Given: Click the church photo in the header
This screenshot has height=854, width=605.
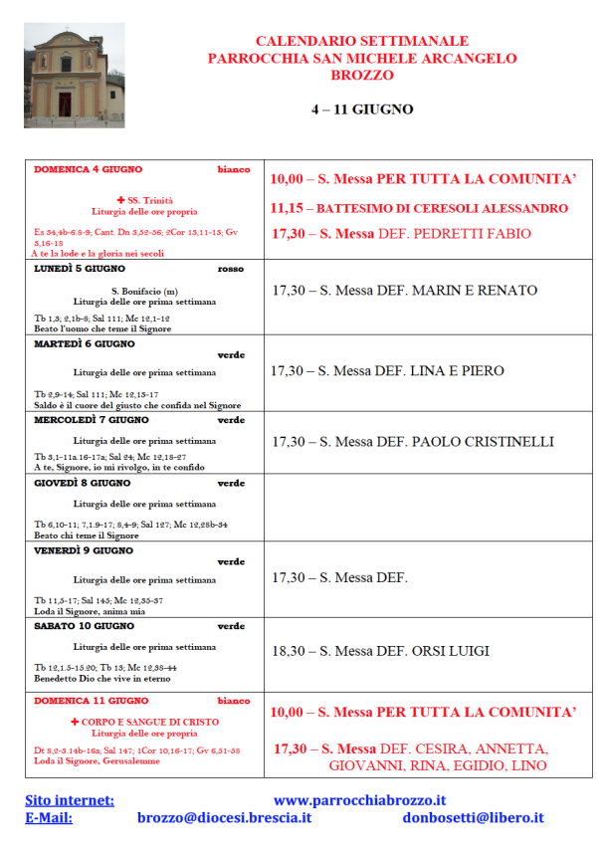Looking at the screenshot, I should click(x=75, y=76).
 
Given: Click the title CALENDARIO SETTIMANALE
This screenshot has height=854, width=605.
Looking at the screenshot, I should click(x=362, y=41).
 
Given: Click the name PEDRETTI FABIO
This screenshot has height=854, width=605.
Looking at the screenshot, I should click(x=471, y=235).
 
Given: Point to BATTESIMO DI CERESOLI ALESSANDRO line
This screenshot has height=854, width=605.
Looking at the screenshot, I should click(x=419, y=209).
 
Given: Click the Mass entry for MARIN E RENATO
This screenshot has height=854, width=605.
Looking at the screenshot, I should click(x=404, y=291).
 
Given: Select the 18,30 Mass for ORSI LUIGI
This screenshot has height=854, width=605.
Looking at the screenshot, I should click(x=380, y=651).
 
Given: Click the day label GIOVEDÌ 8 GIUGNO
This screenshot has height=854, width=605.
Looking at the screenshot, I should click(x=83, y=483).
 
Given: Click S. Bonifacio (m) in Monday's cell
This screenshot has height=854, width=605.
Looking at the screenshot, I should click(x=143, y=291).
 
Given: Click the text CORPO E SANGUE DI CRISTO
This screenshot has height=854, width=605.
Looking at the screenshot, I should click(x=152, y=722).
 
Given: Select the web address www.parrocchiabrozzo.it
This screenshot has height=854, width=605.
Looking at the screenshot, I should click(x=359, y=799).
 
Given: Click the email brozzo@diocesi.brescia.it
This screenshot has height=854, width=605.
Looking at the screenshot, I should click(x=224, y=817).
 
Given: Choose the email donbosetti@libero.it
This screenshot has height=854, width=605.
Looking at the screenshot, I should click(x=473, y=817).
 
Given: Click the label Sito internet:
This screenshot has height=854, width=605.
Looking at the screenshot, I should click(x=70, y=799).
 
